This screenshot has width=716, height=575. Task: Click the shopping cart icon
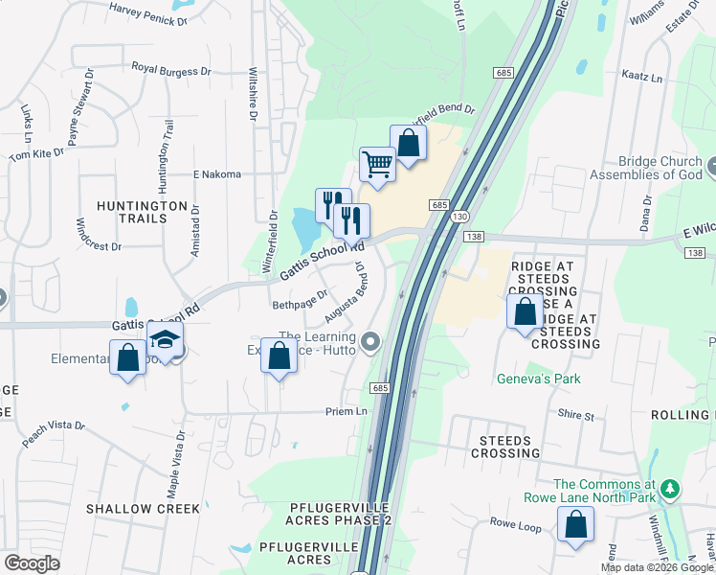coord(377,164)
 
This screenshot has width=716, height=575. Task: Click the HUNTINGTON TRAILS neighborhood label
coord(143,213)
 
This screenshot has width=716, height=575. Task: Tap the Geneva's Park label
coord(538,379)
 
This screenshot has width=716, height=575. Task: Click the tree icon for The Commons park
coord(671,489)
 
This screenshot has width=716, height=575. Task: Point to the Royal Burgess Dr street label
coord(171,69)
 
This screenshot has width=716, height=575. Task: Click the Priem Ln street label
coord(347,411)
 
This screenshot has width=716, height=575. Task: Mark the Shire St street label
coord(576,416)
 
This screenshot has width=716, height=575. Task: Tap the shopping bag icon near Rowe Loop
coord(575,524)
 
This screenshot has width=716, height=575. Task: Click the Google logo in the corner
coord(32,563)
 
